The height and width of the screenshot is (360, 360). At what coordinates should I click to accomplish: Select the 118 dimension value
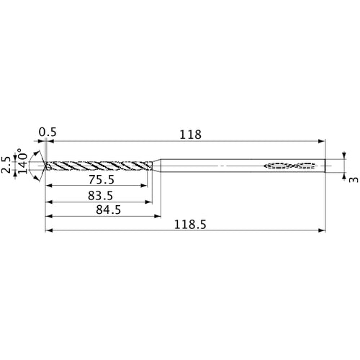coord(191,134)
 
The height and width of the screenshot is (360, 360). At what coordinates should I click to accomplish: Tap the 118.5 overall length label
coord(190,225)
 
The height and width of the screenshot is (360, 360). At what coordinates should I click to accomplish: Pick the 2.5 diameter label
coord(7,163)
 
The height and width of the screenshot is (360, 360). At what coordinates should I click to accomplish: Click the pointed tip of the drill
coord(45,166)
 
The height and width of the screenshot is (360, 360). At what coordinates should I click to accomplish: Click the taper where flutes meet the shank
coord(158,166)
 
